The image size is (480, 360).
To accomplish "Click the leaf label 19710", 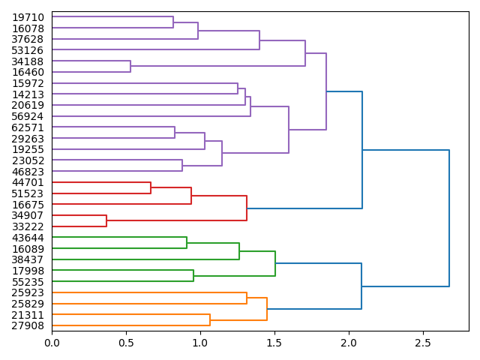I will tap(28, 17).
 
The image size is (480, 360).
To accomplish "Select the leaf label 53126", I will tap(28, 50).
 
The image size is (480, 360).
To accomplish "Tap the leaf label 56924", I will tap(28, 116).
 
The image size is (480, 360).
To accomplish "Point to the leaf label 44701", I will tap(28, 182).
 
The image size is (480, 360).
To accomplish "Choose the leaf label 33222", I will tap(28, 226).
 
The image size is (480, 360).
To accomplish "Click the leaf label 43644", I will tap(28, 238).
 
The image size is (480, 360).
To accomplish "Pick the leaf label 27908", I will tap(28, 325).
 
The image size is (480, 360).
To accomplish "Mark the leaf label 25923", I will tap(28, 292).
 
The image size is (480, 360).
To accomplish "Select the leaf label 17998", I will tap(28, 271).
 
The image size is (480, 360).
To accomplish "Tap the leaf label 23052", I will tap(28, 160).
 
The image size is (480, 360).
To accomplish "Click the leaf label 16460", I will tap(28, 72).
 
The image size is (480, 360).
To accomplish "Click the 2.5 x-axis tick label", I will tap(423, 342).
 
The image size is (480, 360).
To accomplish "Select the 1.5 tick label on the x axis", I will tap(274, 342).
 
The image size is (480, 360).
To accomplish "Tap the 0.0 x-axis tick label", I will tap(52, 342).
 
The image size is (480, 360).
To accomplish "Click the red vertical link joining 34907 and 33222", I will tap(106, 220).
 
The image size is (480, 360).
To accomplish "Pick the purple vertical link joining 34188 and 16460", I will tap(130, 67).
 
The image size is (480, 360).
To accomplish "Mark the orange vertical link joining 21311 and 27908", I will tap(210, 320).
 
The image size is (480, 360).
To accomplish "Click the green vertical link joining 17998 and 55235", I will tap(193, 276).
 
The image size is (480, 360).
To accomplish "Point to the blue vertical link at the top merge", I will tap(449, 218).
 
